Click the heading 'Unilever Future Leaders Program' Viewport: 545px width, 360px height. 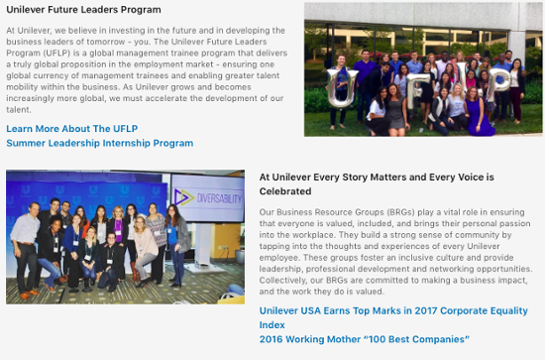click(84, 10)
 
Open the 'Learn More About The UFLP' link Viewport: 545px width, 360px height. click(71, 129)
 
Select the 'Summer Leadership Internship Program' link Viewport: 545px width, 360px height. click(100, 143)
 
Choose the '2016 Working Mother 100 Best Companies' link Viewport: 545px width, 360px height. click(364, 339)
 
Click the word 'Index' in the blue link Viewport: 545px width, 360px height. click(272, 325)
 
